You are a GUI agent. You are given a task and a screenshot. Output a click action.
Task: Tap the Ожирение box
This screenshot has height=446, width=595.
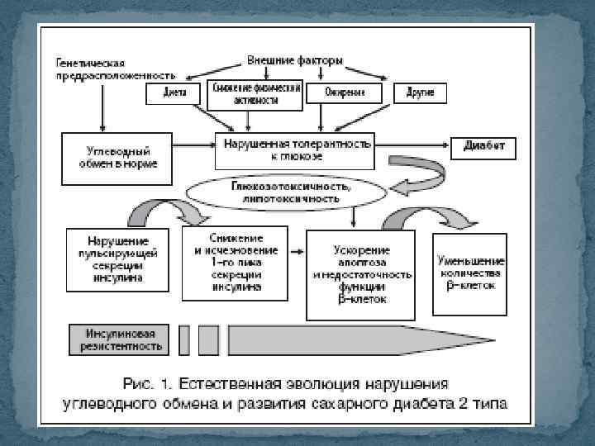346,93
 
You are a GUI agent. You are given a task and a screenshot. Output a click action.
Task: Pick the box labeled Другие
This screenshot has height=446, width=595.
421,93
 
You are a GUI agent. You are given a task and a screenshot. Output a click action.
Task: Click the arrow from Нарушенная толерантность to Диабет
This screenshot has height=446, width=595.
411,145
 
